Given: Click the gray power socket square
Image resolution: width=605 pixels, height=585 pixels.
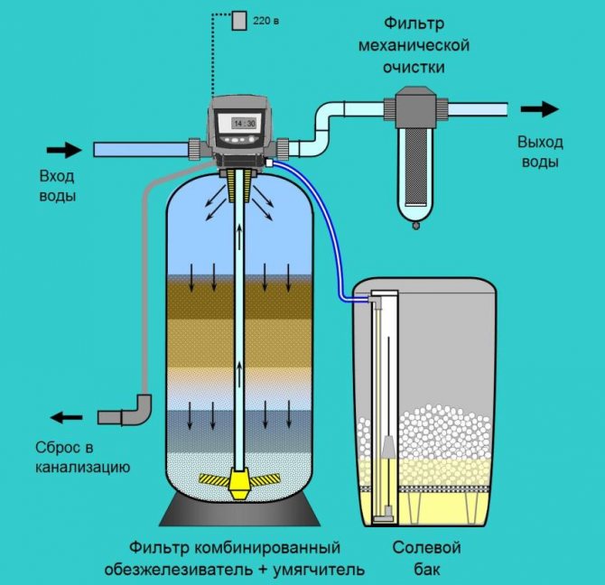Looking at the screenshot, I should pos(239,21).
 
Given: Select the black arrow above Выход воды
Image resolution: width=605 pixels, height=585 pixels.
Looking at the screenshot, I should pos(539,110).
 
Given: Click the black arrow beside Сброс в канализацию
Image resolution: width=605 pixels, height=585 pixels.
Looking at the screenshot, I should pos(65,417).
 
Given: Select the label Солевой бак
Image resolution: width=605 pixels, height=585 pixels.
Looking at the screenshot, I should pos(426,558).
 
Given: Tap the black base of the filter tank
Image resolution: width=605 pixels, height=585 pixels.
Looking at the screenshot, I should pos(240,515).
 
